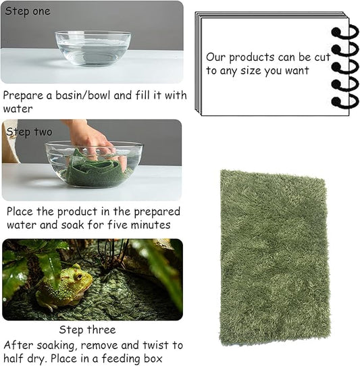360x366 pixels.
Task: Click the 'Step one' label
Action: [x=28, y=11]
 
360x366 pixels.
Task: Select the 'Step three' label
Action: [x=87, y=330]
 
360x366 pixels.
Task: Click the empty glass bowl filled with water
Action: [x=93, y=48]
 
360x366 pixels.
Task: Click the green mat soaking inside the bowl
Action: [x=95, y=173]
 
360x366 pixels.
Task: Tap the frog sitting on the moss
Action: [x=64, y=288]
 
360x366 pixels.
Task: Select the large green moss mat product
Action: [x=274, y=257]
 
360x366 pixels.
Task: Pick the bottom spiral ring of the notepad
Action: [x=344, y=101]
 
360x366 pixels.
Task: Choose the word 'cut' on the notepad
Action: [x=324, y=57]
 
